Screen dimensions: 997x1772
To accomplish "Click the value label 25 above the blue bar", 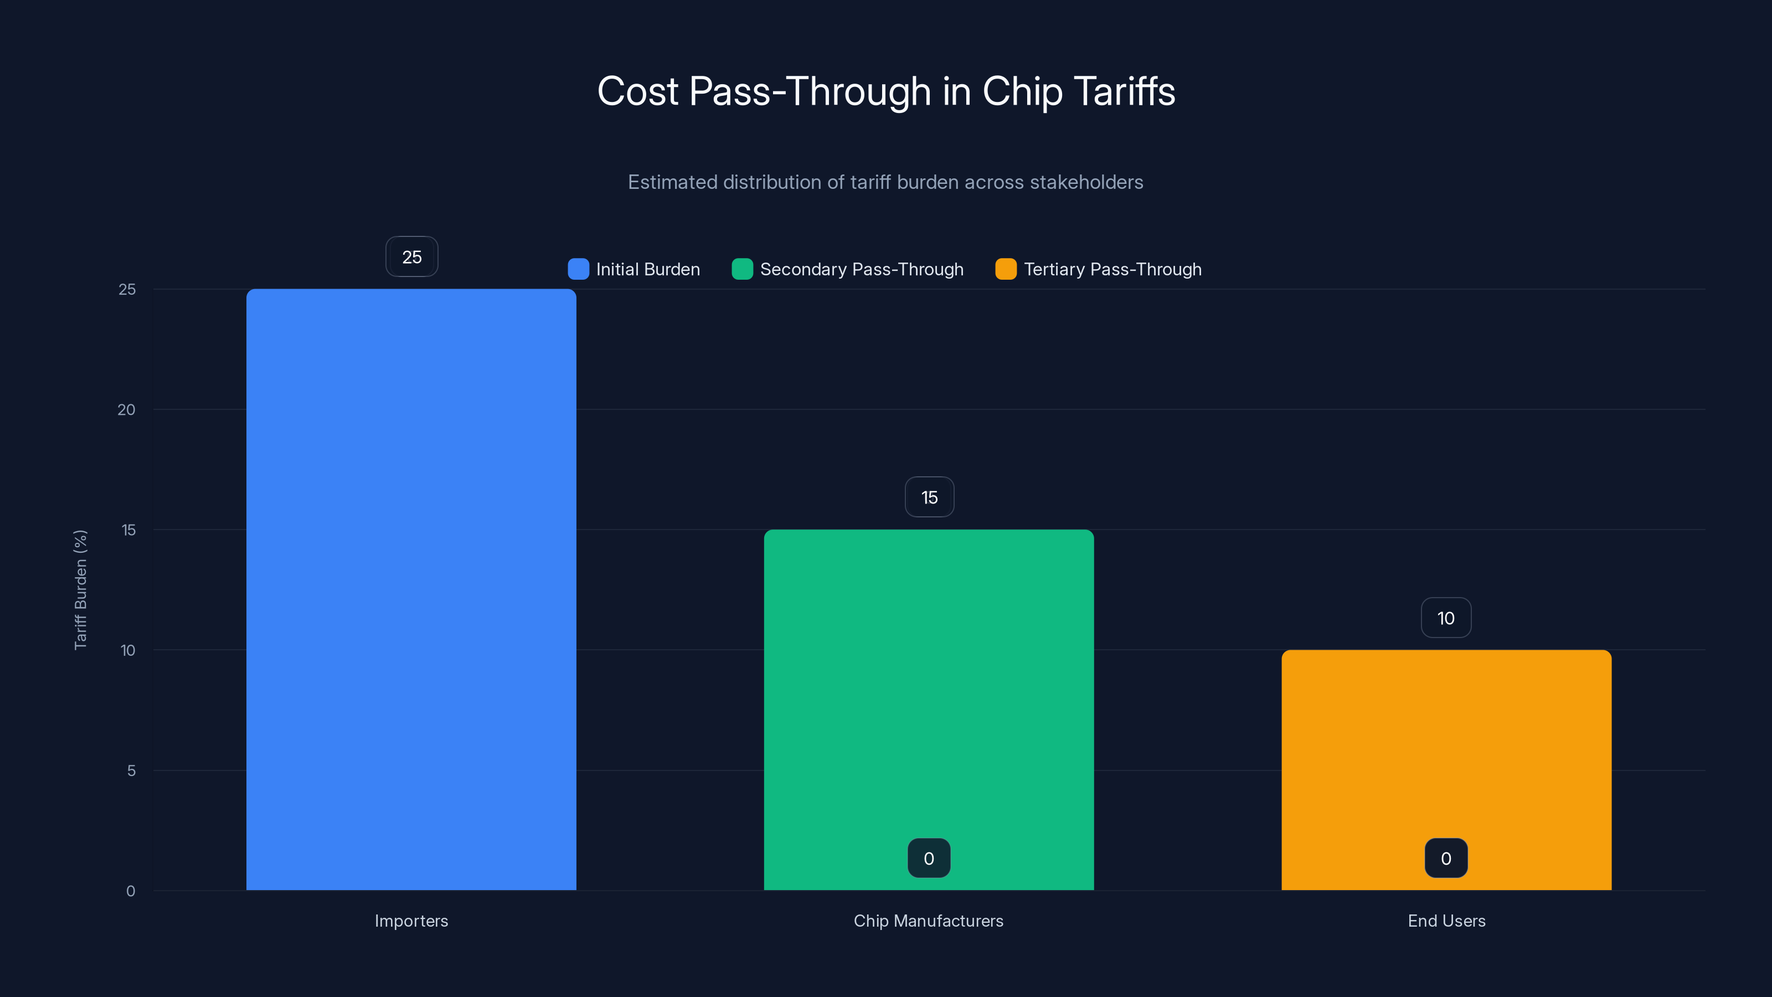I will (411, 256).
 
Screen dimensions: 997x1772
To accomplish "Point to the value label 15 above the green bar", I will (929, 497).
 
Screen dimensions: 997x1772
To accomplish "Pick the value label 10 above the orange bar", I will (1446, 618).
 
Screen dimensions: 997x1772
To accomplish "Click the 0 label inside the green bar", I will (929, 858).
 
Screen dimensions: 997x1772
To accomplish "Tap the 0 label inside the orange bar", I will (1446, 858).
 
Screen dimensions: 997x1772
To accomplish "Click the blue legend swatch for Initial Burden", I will (578, 269).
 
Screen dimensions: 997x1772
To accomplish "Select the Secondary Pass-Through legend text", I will (861, 269).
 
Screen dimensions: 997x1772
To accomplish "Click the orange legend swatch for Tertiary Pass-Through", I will (1006, 269).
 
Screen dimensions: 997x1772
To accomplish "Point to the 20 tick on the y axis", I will (127, 409).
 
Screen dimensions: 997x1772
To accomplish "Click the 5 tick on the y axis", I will (131, 770).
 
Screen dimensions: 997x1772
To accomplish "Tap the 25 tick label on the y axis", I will (127, 289).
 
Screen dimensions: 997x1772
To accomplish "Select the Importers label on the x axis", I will (411, 921).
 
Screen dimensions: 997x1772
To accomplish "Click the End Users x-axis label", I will (1446, 921).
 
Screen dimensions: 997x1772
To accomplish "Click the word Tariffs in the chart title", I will (1124, 91).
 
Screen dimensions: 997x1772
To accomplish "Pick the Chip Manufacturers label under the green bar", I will (929, 921).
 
